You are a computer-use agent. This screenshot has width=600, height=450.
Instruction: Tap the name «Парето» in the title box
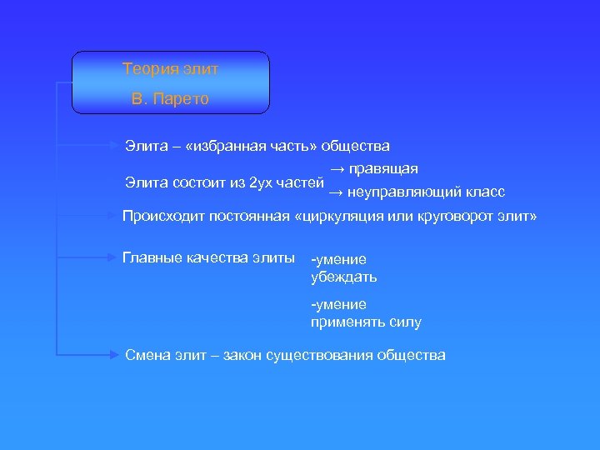(x=181, y=99)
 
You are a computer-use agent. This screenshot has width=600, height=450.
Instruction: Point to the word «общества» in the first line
(x=356, y=147)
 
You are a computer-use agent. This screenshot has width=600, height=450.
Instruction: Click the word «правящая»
(x=382, y=169)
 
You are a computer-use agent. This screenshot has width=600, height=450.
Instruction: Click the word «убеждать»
(x=343, y=277)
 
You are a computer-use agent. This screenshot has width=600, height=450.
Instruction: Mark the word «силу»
(x=406, y=322)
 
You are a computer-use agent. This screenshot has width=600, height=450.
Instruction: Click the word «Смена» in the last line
(x=147, y=355)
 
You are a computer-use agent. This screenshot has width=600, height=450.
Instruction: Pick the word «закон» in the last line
(x=242, y=355)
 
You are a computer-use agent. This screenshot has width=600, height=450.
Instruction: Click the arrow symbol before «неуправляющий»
(x=335, y=192)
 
